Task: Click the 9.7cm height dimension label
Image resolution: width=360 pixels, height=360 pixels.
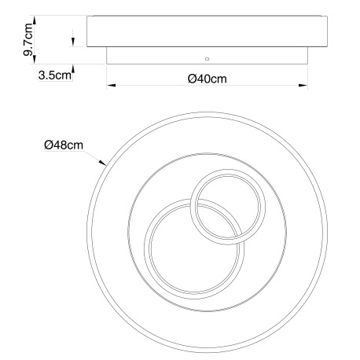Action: click(28, 39)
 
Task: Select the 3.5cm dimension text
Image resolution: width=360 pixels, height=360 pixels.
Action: click(55, 75)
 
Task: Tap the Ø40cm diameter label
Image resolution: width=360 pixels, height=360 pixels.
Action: click(207, 79)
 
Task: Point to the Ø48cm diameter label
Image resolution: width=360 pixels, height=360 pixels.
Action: click(64, 145)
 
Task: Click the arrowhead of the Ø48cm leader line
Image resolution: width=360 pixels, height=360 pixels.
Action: click(102, 163)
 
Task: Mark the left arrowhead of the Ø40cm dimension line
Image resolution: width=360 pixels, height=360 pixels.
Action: click(111, 85)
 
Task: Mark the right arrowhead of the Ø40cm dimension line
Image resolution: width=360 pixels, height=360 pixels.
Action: click(303, 85)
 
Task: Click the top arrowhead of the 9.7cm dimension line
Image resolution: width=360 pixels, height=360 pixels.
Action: click(34, 20)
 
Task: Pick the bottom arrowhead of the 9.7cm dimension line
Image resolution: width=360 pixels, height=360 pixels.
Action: click(34, 59)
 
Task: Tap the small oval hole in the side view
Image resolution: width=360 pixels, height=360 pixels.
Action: click(208, 59)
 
